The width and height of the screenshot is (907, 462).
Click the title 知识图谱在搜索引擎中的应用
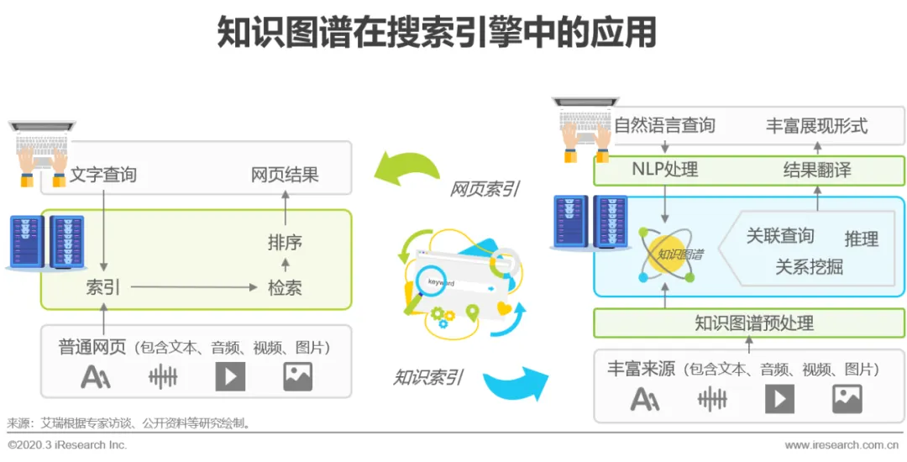(436, 34)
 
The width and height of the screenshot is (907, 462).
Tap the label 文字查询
(102, 176)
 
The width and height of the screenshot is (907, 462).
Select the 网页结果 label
(285, 176)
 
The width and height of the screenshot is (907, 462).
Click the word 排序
(285, 243)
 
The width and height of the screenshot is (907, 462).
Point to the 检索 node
(285, 288)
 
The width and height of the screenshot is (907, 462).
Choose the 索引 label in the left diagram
(103, 288)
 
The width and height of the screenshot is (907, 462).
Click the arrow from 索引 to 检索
(193, 288)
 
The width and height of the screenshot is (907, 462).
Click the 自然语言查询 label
(664, 126)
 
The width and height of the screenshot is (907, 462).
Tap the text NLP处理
(664, 170)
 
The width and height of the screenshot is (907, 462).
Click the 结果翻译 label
(816, 170)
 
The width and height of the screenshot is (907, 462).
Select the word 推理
(861, 239)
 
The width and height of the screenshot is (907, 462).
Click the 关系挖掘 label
(809, 267)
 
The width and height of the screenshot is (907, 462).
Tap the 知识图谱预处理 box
(753, 323)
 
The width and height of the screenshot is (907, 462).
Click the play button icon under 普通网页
(230, 376)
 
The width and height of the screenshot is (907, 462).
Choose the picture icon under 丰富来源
(847, 398)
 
